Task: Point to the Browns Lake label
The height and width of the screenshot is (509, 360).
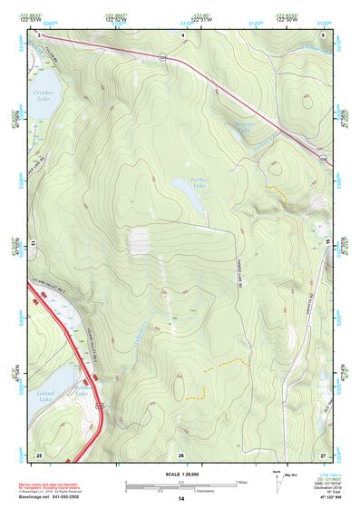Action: pyautogui.click(x=244, y=127)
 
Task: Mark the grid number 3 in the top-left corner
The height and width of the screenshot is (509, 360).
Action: pyautogui.click(x=39, y=34)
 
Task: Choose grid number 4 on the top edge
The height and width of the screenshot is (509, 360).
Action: pyautogui.click(x=182, y=34)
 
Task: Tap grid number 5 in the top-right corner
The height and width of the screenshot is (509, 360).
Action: pyautogui.click(x=324, y=34)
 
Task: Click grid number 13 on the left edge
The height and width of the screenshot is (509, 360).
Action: pyautogui.click(x=33, y=244)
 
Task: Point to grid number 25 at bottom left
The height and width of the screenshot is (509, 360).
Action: pyautogui.click(x=38, y=454)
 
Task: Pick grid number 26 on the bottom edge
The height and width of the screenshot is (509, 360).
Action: pyautogui.click(x=181, y=454)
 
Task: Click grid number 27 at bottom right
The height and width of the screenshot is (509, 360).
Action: pyautogui.click(x=323, y=454)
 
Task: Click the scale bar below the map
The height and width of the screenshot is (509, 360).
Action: pyautogui.click(x=180, y=486)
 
